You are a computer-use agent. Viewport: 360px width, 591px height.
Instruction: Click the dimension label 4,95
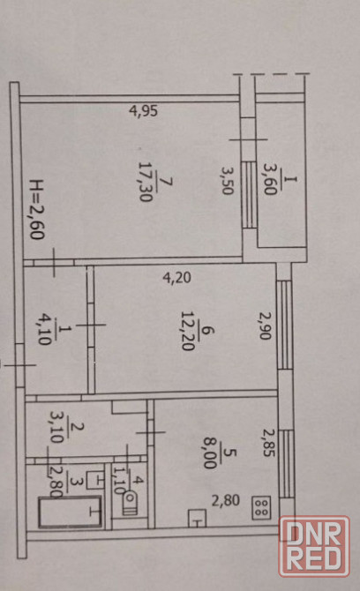143,111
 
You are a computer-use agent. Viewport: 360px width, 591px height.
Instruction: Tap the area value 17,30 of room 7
146,182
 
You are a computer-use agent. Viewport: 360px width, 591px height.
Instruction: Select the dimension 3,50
226,181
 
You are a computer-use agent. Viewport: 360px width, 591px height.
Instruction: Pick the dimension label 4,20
176,278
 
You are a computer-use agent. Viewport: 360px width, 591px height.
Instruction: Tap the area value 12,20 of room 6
188,331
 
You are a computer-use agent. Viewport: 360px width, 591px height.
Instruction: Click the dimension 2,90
266,325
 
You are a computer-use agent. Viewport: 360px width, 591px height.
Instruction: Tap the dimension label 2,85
268,443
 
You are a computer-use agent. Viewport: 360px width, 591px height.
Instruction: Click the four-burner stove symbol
261,507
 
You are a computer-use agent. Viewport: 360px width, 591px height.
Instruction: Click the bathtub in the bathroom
70,512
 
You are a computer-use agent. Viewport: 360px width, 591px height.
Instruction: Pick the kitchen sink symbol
197,518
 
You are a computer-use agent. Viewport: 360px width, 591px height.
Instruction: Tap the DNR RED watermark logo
314,546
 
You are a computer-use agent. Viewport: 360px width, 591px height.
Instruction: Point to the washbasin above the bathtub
95,480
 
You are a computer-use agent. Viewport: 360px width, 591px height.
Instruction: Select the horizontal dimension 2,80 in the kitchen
225,500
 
